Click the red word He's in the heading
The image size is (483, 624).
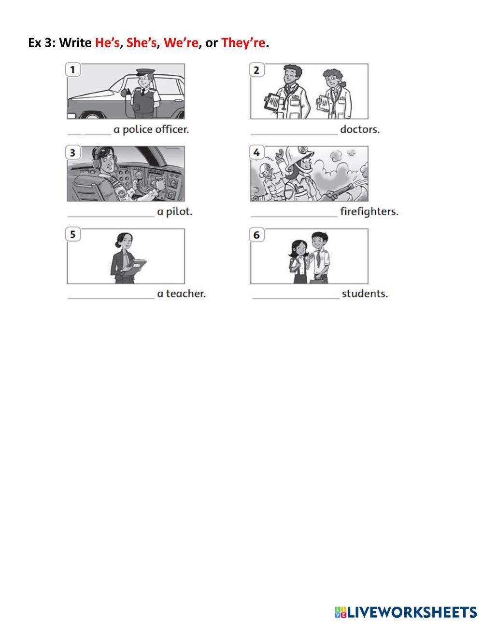click(x=107, y=42)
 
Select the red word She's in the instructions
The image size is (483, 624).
click(x=142, y=42)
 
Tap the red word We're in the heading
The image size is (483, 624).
click(x=181, y=42)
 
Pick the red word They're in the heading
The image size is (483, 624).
click(x=243, y=43)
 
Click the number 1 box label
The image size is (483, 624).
click(x=73, y=70)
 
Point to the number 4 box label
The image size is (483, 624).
click(x=256, y=152)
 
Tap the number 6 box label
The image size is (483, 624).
click(x=256, y=235)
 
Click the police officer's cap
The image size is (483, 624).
click(x=145, y=72)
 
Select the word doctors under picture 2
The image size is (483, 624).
click(x=360, y=129)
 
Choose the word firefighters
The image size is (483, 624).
click(x=369, y=211)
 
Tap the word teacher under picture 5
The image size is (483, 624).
click(x=186, y=294)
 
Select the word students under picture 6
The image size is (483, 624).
click(x=365, y=294)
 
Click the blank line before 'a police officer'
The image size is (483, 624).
click(x=89, y=134)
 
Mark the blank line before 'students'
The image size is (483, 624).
click(x=296, y=298)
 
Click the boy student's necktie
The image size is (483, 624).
click(x=318, y=258)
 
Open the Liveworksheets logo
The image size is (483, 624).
click(x=406, y=611)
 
